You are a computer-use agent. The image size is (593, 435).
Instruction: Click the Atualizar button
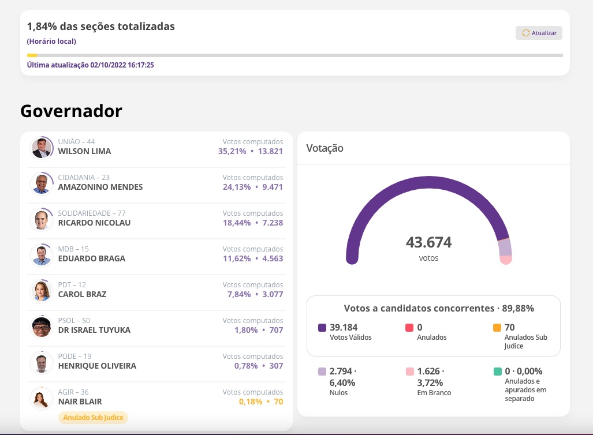click(x=539, y=33)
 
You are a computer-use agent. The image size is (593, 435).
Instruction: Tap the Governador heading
click(x=71, y=111)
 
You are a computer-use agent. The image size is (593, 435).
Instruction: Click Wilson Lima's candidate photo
click(x=42, y=148)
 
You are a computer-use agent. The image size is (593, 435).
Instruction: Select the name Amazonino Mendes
click(x=100, y=187)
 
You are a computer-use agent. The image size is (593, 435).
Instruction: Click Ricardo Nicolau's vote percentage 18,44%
click(x=234, y=223)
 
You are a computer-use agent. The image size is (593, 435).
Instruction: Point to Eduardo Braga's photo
click(x=42, y=255)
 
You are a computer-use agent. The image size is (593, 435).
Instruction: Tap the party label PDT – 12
click(x=72, y=285)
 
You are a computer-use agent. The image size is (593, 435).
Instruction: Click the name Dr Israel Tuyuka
click(x=94, y=330)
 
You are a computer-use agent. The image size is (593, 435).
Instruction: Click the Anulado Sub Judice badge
click(x=94, y=417)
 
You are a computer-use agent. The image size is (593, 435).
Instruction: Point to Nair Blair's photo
click(x=42, y=398)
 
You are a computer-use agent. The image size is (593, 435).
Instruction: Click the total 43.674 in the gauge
click(x=428, y=242)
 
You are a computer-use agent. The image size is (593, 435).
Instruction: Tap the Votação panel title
click(x=325, y=148)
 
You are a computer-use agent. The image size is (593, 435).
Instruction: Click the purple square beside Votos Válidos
click(x=322, y=328)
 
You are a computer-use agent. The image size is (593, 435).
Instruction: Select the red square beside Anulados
click(x=409, y=328)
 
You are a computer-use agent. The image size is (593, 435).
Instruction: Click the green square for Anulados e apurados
click(x=497, y=372)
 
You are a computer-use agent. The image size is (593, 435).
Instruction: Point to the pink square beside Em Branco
click(x=409, y=372)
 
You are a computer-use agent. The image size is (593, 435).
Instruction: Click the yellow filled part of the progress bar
click(x=32, y=55)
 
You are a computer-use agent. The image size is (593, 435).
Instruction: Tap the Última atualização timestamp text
click(x=90, y=65)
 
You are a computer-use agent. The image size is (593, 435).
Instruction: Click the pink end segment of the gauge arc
click(x=506, y=260)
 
